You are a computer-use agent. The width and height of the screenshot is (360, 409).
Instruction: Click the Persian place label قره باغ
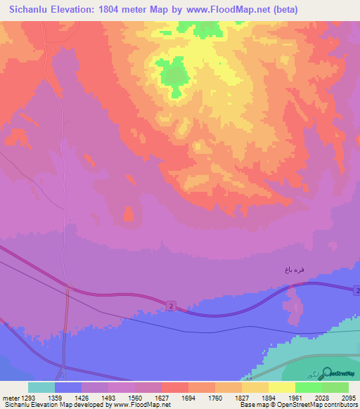(294, 270)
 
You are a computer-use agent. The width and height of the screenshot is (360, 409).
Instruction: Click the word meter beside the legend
(10, 398)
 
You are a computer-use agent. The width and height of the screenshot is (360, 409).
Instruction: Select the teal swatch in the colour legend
(41, 387)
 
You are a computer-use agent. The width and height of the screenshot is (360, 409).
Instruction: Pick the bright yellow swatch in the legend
(281, 387)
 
